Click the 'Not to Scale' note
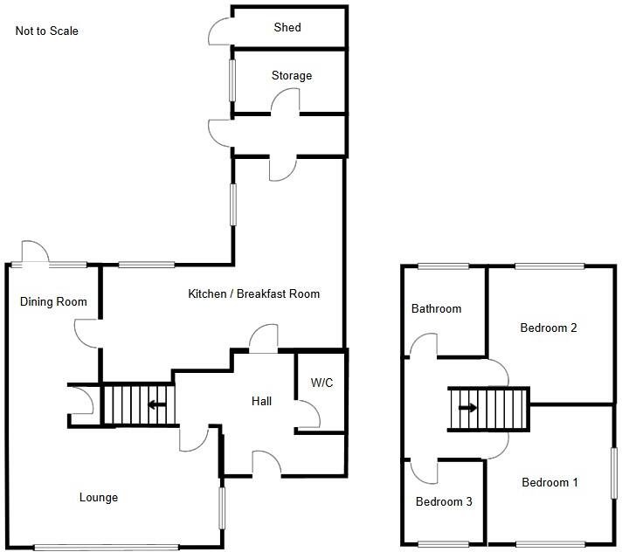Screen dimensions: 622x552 47,31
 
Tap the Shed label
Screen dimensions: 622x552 287,27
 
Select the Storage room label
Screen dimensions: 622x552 292,76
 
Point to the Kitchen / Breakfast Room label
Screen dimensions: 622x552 254,293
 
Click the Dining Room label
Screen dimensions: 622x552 53,302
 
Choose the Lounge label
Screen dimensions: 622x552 99,498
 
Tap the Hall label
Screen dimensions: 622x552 261,401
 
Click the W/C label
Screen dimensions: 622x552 321,383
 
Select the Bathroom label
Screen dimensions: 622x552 436,308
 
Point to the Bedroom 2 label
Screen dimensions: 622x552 549,328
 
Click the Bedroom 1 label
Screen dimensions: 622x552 549,483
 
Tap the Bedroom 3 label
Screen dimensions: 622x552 444,501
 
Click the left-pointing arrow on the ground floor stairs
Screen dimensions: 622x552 157,405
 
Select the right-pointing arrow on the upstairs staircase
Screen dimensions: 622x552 467,408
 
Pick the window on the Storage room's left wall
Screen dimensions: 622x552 232,80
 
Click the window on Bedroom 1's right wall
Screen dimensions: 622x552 614,473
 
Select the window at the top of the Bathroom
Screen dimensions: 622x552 444,266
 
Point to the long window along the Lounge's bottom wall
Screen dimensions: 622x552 107,548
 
